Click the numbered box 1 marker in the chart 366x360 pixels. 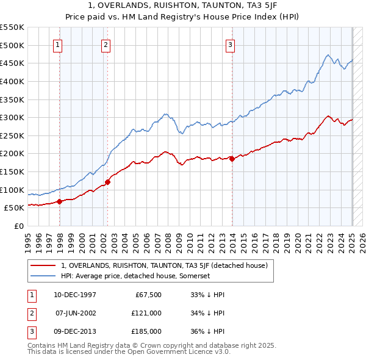click(x=57, y=44)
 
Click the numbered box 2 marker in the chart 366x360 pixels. click(x=106, y=44)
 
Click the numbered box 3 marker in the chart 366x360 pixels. click(x=231, y=44)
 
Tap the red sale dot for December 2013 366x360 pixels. click(x=232, y=159)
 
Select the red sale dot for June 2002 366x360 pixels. click(x=107, y=182)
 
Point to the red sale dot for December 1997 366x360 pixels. click(x=59, y=201)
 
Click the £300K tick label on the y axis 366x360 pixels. click(x=12, y=117)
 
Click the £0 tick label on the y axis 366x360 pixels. click(x=19, y=226)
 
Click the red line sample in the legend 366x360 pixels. click(x=43, y=265)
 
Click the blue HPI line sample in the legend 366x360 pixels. click(x=43, y=276)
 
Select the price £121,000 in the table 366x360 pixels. click(x=146, y=313)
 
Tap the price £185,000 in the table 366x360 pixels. click(x=146, y=331)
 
